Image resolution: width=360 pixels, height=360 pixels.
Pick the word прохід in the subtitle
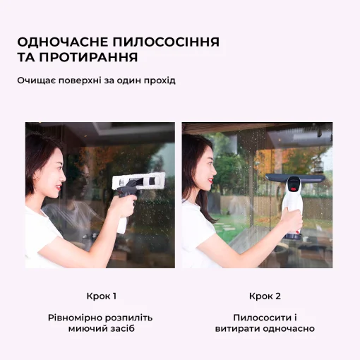tap(159, 80)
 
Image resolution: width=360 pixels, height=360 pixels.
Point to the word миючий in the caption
tap(88, 329)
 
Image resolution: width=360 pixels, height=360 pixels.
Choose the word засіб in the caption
tap(124, 329)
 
